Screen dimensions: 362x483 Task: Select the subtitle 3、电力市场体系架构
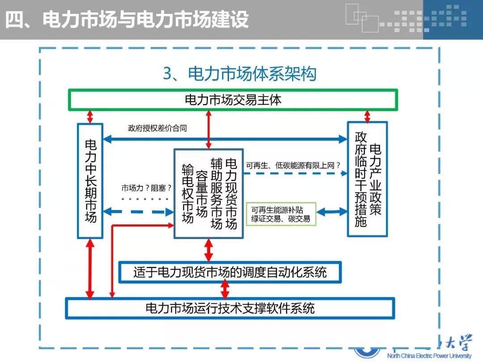coord(239,74)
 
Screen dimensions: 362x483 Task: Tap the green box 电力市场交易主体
coord(233,100)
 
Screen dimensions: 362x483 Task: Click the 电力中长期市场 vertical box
coord(90,181)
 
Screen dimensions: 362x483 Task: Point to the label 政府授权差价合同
coord(157,128)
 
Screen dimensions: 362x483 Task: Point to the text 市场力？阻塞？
coord(147,188)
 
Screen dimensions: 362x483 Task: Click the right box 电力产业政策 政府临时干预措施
coord(367,179)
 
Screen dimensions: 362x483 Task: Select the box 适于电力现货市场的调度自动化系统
coord(230,272)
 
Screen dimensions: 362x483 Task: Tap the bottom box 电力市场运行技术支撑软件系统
coord(230,308)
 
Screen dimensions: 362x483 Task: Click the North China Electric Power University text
coord(429,356)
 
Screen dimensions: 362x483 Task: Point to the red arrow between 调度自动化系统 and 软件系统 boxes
coord(225,290)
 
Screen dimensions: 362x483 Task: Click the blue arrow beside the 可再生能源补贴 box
coord(332,211)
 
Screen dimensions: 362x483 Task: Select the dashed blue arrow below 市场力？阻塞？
coord(138,211)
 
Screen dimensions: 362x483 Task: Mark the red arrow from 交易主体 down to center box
coord(208,129)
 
